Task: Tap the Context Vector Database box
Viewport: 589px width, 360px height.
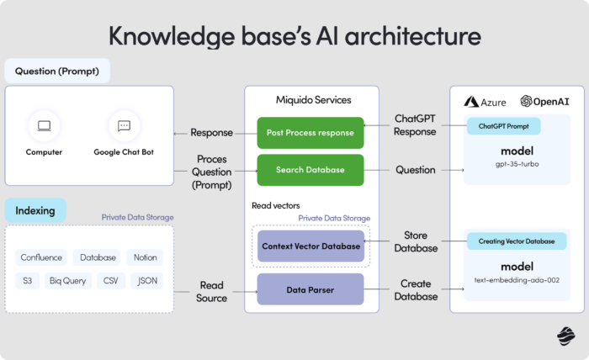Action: tap(310, 246)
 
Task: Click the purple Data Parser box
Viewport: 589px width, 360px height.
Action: tap(310, 289)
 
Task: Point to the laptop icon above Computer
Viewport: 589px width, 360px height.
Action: tap(44, 127)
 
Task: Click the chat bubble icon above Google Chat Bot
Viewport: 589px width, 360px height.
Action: tap(124, 127)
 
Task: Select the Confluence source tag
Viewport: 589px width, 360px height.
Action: tap(40, 257)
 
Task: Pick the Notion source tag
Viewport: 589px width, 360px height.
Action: tap(145, 257)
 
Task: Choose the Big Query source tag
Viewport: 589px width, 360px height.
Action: tap(67, 280)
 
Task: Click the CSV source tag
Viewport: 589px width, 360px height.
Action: tap(111, 280)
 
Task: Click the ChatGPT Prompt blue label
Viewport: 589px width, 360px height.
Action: tap(503, 126)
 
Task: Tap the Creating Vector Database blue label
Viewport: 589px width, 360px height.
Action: tap(517, 241)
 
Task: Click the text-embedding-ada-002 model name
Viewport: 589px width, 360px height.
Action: tap(517, 280)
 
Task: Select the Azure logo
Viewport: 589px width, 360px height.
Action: tap(483, 102)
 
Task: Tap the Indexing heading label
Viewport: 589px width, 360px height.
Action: tap(35, 210)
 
